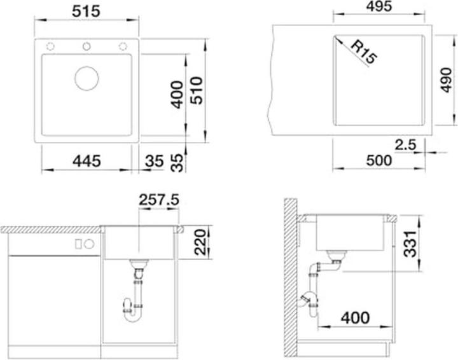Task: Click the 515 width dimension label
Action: [86, 11]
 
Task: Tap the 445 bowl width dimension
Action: [87, 161]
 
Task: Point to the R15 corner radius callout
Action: [364, 52]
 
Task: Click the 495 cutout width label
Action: [379, 6]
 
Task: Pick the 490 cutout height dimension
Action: [446, 80]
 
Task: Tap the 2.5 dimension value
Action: [405, 145]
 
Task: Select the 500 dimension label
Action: [379, 160]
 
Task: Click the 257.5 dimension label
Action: [158, 200]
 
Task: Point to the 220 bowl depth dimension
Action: [200, 242]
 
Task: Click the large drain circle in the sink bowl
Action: [87, 78]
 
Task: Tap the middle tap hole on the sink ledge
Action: [87, 46]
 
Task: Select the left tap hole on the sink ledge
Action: [50, 46]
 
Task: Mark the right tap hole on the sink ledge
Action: [123, 46]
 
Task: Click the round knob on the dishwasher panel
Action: [90, 244]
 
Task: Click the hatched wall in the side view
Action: [290, 278]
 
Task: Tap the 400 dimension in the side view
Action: [355, 317]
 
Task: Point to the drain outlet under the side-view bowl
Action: [337, 256]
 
